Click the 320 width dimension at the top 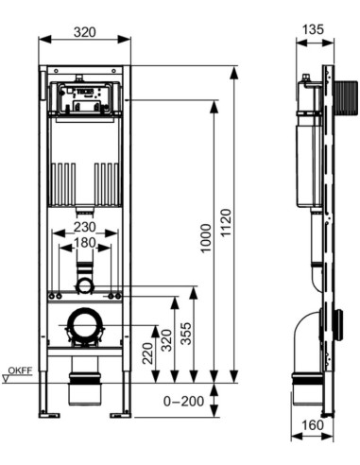point(84,32)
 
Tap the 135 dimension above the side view point(313,29)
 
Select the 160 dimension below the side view point(313,425)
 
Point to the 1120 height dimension point(226,223)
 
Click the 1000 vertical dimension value point(206,238)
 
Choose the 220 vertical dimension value point(147,353)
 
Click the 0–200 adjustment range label point(183,402)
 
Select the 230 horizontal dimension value point(85,227)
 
